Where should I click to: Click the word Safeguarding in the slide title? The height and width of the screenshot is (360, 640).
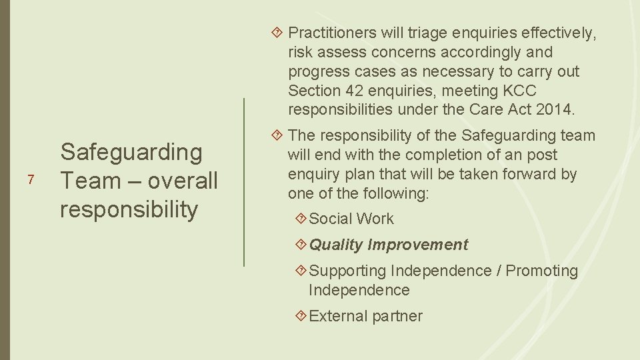pyautogui.click(x=131, y=152)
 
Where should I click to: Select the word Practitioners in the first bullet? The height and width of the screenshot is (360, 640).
pyautogui.click(x=330, y=32)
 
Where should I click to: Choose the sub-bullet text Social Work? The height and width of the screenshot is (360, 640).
pyautogui.click(x=351, y=219)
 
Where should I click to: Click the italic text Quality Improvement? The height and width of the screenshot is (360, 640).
pyautogui.click(x=389, y=245)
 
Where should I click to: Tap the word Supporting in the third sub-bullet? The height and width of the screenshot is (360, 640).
pyautogui.click(x=347, y=271)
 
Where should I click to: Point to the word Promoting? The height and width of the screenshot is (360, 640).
pyautogui.click(x=542, y=271)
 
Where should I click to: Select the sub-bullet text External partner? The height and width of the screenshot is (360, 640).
pyautogui.click(x=366, y=316)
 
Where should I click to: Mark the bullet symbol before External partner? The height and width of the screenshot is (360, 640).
pyautogui.click(x=301, y=316)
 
